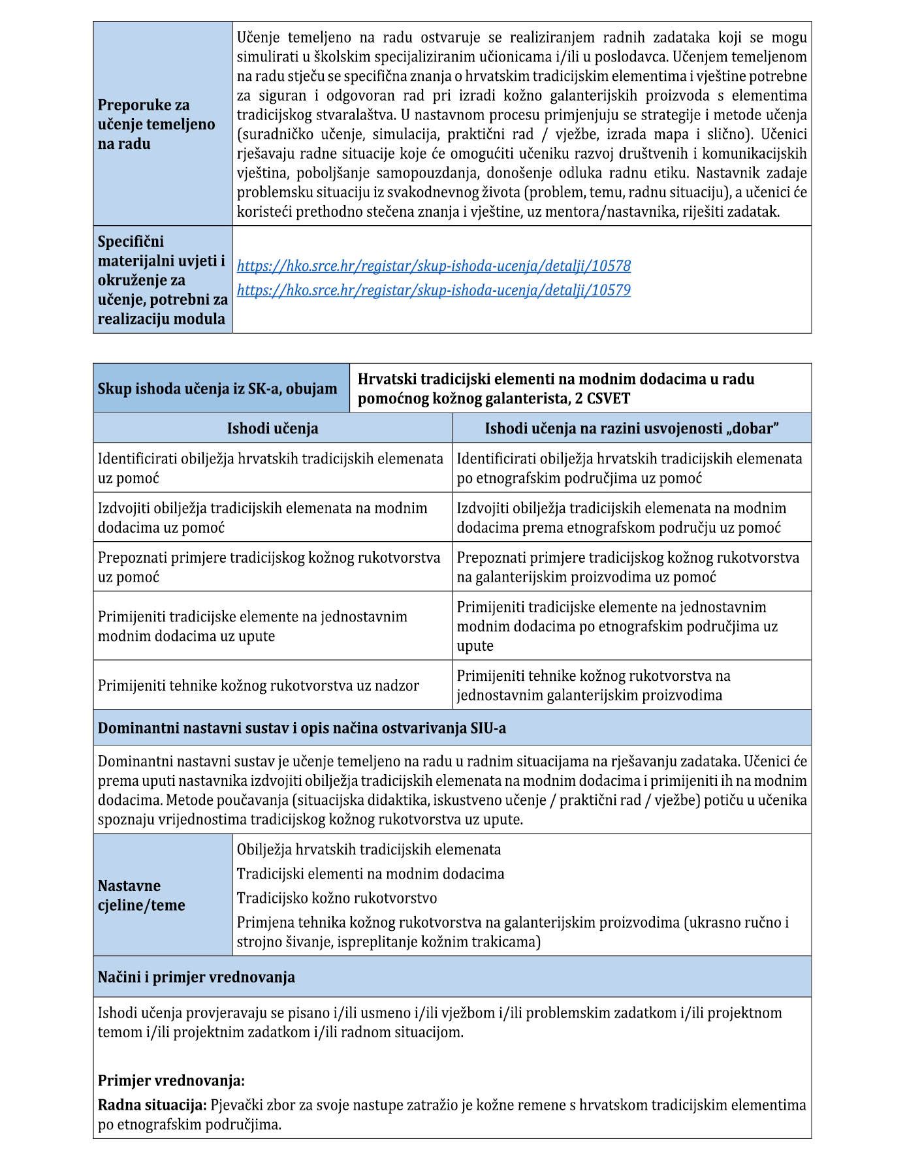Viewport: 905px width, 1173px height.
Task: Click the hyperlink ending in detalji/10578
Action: tap(434, 266)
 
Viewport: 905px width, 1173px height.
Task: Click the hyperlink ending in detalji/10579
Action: tap(434, 290)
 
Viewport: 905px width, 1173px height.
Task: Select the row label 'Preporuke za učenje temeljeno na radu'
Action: tap(157, 124)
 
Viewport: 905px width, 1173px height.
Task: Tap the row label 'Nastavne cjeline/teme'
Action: tap(142, 895)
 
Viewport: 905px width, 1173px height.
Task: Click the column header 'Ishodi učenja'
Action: tap(272, 428)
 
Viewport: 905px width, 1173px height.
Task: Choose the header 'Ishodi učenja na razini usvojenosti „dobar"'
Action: tap(631, 428)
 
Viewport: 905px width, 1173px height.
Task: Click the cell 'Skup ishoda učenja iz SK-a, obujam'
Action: tap(217, 389)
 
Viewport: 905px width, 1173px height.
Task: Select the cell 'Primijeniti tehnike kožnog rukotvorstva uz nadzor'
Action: tap(259, 685)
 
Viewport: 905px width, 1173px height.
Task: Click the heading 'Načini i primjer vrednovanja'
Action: tap(197, 977)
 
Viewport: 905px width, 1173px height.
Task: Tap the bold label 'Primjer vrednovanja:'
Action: tap(171, 1080)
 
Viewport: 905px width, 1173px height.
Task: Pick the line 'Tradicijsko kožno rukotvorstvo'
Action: tap(337, 898)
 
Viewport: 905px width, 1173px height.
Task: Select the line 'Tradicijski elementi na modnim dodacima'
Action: tap(370, 874)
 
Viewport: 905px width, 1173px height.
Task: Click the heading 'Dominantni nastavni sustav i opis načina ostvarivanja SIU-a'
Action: tap(302, 728)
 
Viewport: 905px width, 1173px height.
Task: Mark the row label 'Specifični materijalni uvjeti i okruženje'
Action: tap(161, 280)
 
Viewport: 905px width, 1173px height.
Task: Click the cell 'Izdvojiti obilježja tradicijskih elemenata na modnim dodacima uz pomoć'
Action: tap(262, 518)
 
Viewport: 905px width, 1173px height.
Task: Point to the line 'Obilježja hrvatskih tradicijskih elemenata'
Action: tap(369, 850)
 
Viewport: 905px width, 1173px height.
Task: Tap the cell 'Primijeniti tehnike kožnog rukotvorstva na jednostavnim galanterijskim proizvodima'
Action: tap(594, 685)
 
